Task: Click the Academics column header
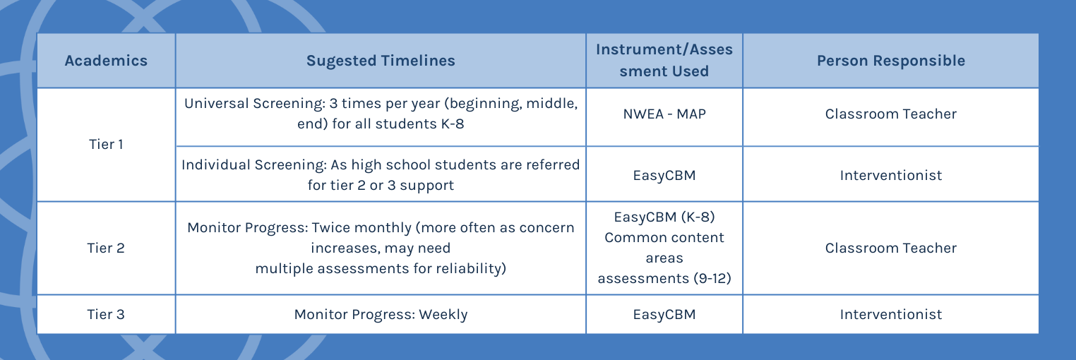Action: point(106,61)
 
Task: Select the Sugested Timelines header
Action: point(381,61)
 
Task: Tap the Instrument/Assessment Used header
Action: point(664,60)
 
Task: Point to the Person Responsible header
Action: point(890,61)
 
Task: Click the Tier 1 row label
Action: point(106,145)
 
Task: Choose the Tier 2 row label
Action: point(106,248)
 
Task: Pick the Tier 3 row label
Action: point(106,314)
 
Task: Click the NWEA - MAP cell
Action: point(664,114)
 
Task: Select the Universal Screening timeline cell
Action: point(381,114)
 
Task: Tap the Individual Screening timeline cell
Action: point(381,174)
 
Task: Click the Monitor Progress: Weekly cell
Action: point(381,314)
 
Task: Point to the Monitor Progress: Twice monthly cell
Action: point(381,248)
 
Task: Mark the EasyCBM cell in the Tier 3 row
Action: point(664,314)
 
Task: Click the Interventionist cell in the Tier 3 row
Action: point(890,314)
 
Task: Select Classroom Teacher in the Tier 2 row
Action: point(890,248)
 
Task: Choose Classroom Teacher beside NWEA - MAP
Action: point(890,114)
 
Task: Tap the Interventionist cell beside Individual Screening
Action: point(890,175)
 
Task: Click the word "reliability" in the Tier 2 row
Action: point(469,268)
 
